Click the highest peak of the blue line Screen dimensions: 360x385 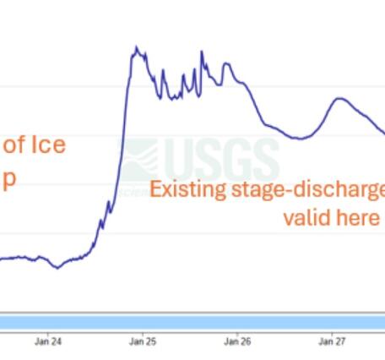pyautogui.click(x=134, y=50)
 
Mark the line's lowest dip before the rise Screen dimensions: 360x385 pyautogui.click(x=57, y=268)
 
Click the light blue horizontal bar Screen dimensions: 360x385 pyautogui.click(x=192, y=322)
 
